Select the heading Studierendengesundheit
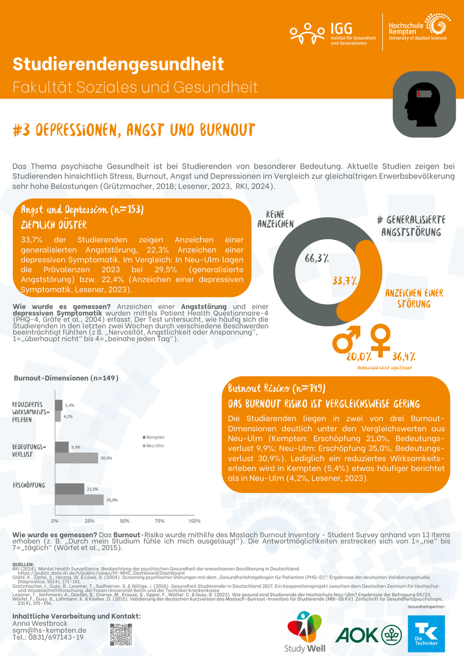[x=118, y=64]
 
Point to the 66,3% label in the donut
[x=317, y=259]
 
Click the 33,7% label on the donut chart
[x=345, y=281]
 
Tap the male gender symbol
[x=346, y=339]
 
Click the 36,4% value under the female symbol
[x=403, y=356]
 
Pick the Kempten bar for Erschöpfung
[x=70, y=489]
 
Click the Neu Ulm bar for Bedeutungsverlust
[x=77, y=458]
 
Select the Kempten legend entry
[x=154, y=436]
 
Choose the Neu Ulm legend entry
[x=154, y=445]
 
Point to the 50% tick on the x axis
[x=125, y=520]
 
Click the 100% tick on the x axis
[x=194, y=520]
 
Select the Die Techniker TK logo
[x=426, y=634]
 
